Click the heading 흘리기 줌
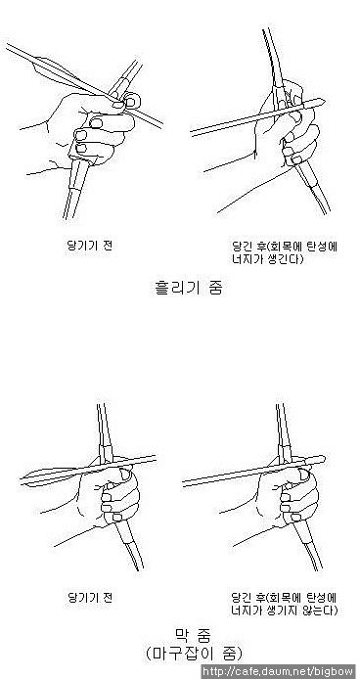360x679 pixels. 190,288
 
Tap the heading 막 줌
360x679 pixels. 194,635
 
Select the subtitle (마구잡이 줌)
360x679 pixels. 194,653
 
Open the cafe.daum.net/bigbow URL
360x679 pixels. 279,671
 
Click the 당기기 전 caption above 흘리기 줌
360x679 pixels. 90,246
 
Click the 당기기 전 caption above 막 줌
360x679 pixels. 90,598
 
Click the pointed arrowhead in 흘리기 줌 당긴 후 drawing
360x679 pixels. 319,102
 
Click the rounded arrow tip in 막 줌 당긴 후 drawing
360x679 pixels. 321,459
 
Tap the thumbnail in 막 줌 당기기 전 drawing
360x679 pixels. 125,474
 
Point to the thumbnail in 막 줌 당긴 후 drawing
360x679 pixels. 305,475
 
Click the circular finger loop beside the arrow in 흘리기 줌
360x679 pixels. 132,101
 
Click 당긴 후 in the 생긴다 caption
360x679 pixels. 248,247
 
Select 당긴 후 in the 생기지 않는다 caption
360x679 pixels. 247,598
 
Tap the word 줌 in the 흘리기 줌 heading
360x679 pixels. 215,288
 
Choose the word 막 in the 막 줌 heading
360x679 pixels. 182,635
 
